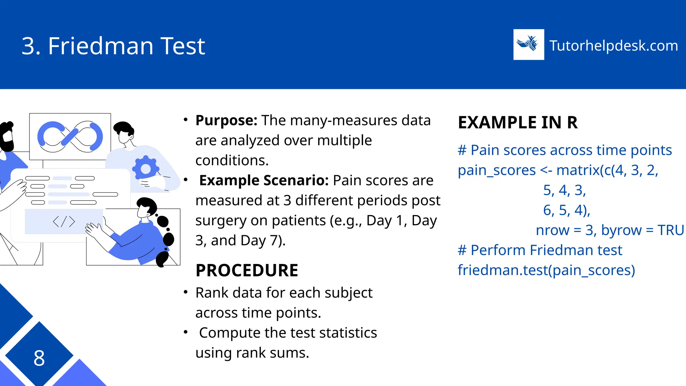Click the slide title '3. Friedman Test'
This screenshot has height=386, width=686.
pos(113,46)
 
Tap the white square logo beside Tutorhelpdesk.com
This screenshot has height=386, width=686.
pos(529,45)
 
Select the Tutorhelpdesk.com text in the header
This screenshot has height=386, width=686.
pos(614,46)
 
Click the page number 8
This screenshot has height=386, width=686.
pos(39,358)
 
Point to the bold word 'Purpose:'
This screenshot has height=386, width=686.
pos(226,120)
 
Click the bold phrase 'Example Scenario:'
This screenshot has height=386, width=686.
pos(264,180)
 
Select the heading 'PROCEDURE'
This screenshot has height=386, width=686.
pos(247,270)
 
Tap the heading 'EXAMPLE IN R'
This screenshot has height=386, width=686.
pos(518,122)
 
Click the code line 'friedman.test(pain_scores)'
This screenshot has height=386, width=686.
pos(546,270)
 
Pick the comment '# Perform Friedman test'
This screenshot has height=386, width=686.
pos(540,250)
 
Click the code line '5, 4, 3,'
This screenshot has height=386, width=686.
pos(564,190)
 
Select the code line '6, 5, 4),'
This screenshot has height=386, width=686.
pos(566,210)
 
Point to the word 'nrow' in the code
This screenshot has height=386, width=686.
pos(553,230)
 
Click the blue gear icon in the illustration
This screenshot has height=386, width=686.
pos(146,169)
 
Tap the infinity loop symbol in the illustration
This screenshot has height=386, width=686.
pos(70,137)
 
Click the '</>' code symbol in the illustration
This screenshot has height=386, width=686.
pos(64,221)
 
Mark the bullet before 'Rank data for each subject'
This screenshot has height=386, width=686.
pos(186,292)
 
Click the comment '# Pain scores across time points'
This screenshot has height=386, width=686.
pos(565,150)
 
